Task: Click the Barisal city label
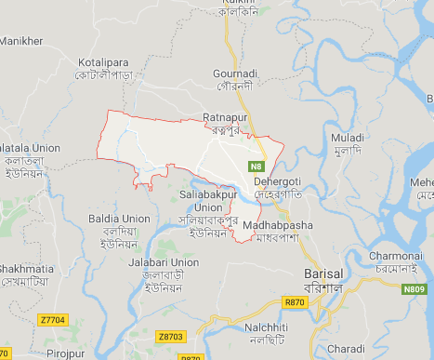323,274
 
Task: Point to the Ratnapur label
223,117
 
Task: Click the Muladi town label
347,138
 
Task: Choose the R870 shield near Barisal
295,302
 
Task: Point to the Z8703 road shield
171,335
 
